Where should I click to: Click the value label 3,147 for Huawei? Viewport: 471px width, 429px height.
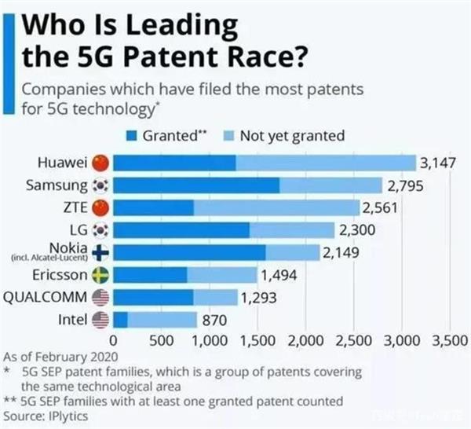point(438,163)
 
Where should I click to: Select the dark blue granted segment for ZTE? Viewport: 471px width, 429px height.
point(153,208)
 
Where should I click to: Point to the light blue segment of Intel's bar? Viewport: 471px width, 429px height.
point(162,320)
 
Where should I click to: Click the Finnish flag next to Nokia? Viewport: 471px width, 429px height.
point(100,253)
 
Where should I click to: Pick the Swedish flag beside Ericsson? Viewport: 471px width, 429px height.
point(100,275)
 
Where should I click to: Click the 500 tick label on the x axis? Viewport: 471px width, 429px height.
point(162,342)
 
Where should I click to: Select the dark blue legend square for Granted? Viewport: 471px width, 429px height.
point(132,136)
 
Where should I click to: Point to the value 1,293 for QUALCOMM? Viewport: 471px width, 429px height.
point(258,298)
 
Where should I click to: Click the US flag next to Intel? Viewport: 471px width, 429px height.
point(100,320)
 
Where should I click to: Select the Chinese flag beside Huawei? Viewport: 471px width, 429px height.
point(100,163)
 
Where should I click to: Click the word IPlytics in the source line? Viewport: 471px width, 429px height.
point(66,414)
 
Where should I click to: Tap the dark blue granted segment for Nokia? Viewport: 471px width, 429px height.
point(189,253)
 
